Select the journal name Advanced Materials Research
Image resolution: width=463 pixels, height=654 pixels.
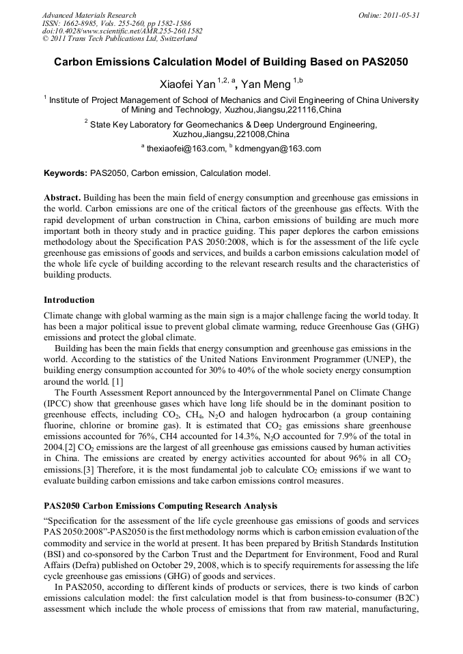tap(89, 15)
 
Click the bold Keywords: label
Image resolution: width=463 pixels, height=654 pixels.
tap(65, 173)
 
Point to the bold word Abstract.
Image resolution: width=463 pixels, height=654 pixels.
tap(62, 198)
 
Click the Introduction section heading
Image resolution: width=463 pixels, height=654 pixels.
tap(69, 300)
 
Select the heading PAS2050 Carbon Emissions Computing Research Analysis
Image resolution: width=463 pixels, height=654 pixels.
tap(160, 505)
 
